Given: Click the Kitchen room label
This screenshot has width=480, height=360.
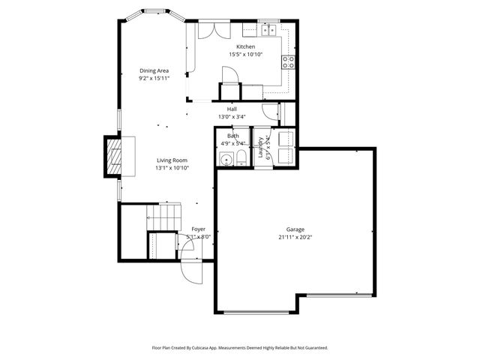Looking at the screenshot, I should [x=246, y=46].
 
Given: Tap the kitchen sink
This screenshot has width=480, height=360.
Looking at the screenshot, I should [x=268, y=30].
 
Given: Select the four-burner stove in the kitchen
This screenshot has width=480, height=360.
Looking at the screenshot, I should [x=287, y=61].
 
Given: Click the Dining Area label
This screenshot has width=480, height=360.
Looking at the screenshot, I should [x=153, y=70].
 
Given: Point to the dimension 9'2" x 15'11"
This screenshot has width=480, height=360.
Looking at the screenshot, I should [x=153, y=78].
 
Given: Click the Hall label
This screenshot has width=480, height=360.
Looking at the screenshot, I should [x=232, y=109].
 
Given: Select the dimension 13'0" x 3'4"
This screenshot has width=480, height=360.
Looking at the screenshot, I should [x=232, y=116].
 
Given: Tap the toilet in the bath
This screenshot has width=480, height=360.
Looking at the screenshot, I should [x=241, y=158].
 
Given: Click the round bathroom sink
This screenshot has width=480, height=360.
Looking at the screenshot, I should [x=225, y=159].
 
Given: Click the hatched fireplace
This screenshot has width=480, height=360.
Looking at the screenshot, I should [x=112, y=156].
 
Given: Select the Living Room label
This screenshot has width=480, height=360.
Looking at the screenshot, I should [x=172, y=160].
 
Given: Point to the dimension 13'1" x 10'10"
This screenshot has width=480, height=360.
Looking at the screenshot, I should [x=172, y=168].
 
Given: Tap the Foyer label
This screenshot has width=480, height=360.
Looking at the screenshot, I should [x=198, y=229].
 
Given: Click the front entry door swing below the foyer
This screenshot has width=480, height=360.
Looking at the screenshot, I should [x=190, y=271].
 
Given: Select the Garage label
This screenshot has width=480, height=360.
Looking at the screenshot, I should [x=295, y=229].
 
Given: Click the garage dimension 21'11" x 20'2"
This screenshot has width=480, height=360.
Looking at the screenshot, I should [x=295, y=237].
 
